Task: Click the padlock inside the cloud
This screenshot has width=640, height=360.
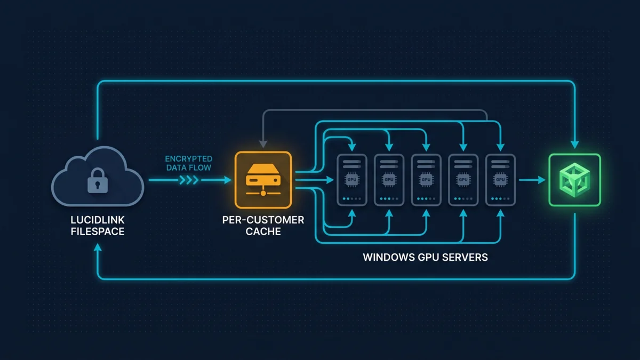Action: [98, 181]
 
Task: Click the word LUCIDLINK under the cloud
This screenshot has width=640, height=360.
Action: [98, 220]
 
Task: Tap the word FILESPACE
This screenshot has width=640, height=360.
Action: [98, 231]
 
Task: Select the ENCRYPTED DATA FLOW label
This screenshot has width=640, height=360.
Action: [189, 163]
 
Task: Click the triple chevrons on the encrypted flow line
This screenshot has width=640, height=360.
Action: [189, 180]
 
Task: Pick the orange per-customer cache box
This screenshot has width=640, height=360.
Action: [263, 180]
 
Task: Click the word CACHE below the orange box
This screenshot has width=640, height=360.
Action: [263, 231]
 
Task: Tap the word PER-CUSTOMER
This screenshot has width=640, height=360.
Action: [263, 220]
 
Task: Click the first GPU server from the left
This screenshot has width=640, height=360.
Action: [351, 180]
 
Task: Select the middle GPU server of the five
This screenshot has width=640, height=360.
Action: [426, 180]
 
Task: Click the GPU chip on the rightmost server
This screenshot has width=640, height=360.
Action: [500, 180]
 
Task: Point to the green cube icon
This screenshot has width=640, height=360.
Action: [574, 180]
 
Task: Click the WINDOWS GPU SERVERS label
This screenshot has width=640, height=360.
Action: [425, 257]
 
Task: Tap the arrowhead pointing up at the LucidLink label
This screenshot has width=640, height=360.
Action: [98, 247]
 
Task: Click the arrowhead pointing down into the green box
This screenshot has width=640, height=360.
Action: [574, 145]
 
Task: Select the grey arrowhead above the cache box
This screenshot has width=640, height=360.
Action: [263, 144]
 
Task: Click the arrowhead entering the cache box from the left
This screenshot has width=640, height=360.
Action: [228, 180]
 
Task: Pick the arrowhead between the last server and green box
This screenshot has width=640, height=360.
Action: [541, 180]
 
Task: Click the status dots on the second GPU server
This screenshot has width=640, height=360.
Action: [389, 198]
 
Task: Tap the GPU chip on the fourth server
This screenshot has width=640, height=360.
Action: [463, 180]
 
